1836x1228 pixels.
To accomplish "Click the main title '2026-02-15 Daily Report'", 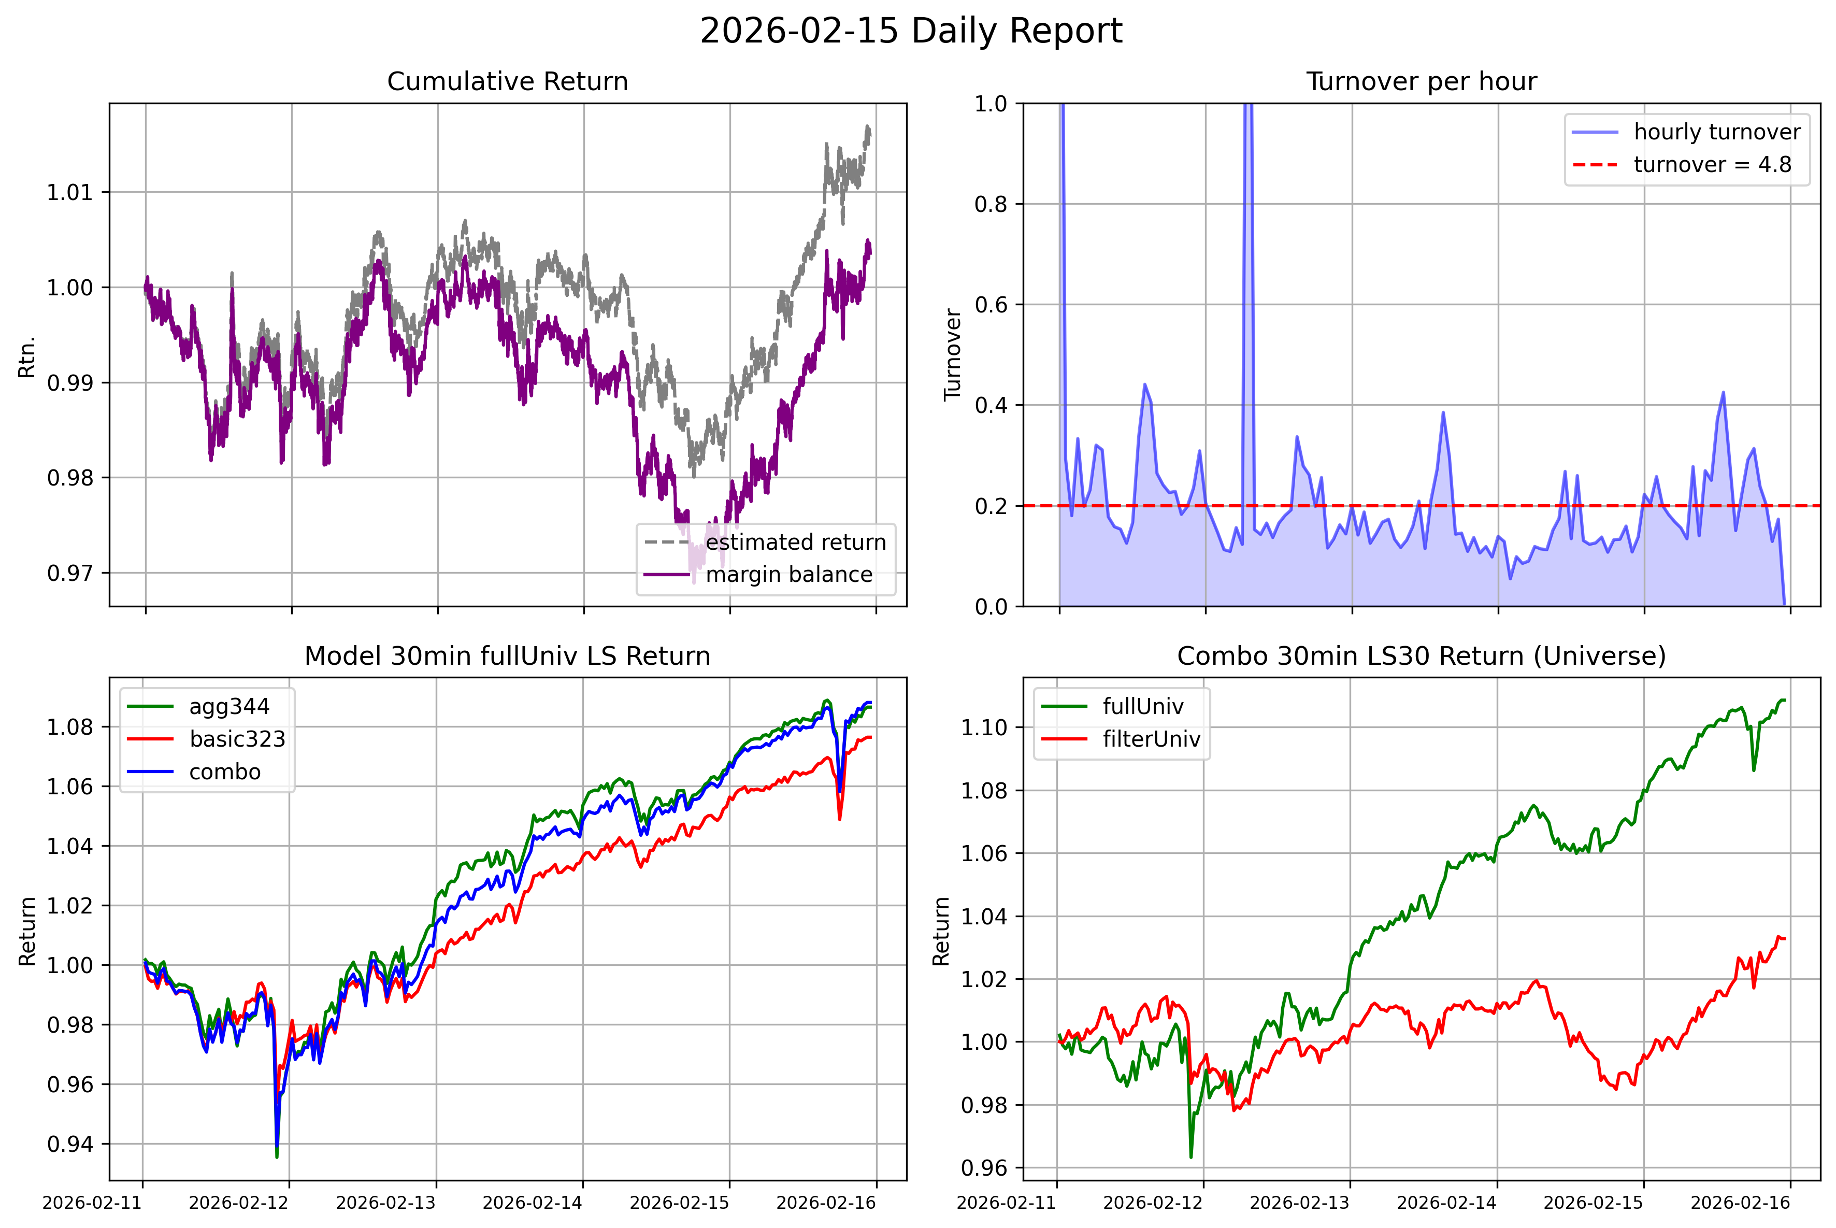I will point(911,31).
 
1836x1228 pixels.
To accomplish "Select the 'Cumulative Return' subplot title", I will point(507,81).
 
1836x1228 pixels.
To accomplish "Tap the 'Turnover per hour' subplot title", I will point(1421,81).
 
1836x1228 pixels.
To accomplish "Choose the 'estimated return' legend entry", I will point(795,542).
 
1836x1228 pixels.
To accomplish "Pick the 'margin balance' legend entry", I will point(788,575).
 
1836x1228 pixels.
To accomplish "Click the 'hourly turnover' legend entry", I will point(1717,132).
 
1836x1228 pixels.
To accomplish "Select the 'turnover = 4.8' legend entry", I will point(1712,164).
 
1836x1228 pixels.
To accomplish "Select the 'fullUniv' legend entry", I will point(1143,706).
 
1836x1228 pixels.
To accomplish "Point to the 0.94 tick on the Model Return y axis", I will point(70,1144).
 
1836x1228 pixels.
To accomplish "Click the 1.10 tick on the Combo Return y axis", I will point(984,727).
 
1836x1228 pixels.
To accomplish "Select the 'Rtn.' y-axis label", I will point(27,357).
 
